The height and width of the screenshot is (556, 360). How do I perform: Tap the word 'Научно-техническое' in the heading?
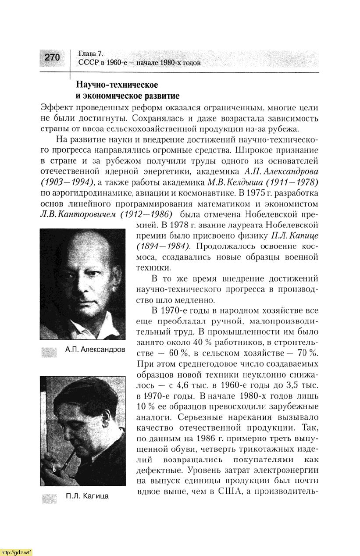click(117, 84)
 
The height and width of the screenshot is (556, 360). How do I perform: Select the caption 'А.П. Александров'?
click(95, 350)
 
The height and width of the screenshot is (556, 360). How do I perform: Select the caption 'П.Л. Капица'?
click(87, 496)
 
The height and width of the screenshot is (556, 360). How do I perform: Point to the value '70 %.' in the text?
click(307, 353)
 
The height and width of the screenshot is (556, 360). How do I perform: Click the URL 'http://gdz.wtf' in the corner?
click(17, 552)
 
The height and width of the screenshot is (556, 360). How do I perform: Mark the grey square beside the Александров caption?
click(49, 352)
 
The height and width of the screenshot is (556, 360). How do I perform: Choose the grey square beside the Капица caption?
click(49, 497)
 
